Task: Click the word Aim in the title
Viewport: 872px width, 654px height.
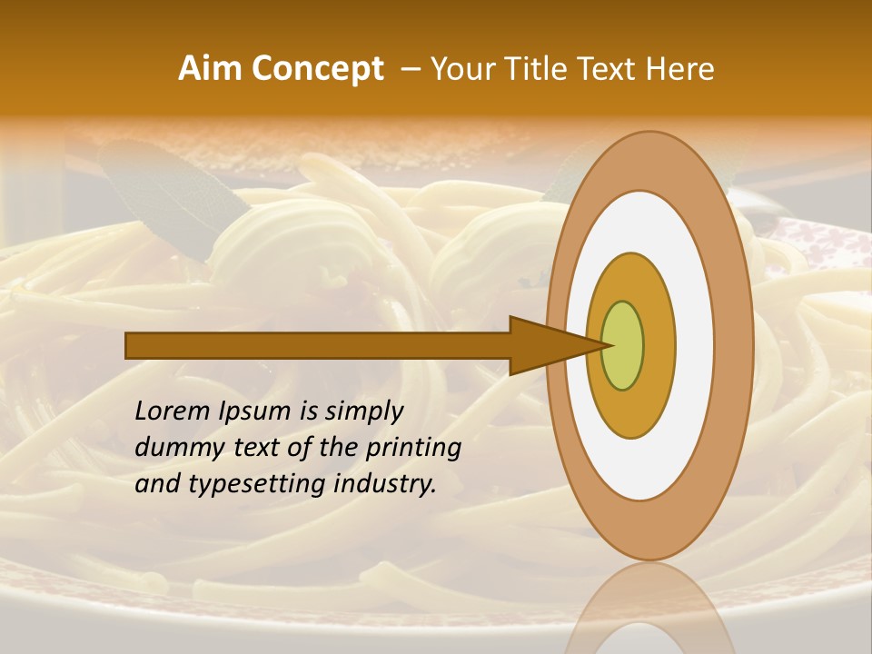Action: coord(211,69)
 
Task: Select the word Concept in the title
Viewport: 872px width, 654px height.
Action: coord(318,69)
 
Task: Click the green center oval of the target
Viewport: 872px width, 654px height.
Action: coord(623,346)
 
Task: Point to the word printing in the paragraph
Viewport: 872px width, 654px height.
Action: coord(412,449)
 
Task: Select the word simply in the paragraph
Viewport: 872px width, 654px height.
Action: coord(363,412)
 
